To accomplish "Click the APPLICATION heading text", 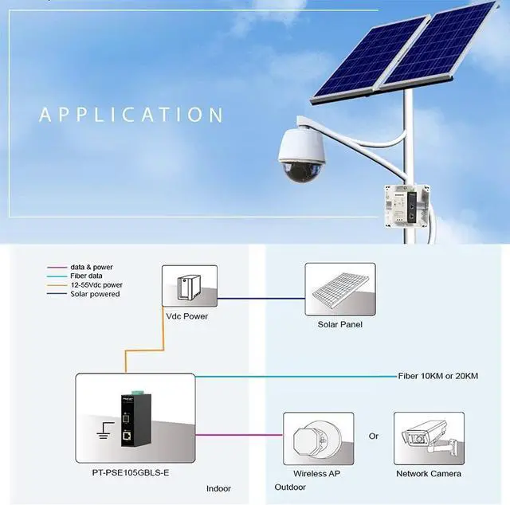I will click(x=131, y=114).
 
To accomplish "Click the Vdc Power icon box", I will click(x=190, y=286).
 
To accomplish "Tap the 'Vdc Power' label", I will click(x=186, y=315).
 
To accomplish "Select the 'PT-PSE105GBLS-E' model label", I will click(x=131, y=473).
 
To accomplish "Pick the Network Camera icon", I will click(x=428, y=437).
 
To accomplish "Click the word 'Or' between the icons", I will click(x=374, y=436).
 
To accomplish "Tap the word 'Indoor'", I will click(x=219, y=488).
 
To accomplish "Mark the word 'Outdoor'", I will click(x=291, y=487).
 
